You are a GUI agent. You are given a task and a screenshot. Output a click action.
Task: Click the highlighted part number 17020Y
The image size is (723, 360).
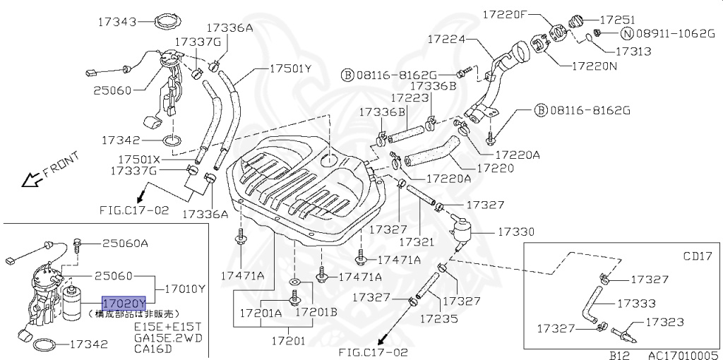(124, 303)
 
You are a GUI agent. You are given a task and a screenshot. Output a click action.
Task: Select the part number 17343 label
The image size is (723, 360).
(117, 22)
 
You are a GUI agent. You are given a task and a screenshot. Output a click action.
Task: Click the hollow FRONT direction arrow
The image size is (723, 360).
(31, 180)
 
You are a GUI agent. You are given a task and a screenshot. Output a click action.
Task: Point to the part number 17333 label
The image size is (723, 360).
(637, 304)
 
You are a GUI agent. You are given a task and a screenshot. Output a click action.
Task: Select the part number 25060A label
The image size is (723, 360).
(125, 244)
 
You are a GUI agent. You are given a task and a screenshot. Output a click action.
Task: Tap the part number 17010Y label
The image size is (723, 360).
(184, 288)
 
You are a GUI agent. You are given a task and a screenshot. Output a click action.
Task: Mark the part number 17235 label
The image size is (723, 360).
(438, 318)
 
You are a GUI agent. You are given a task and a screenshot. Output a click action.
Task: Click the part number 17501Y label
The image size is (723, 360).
(290, 68)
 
